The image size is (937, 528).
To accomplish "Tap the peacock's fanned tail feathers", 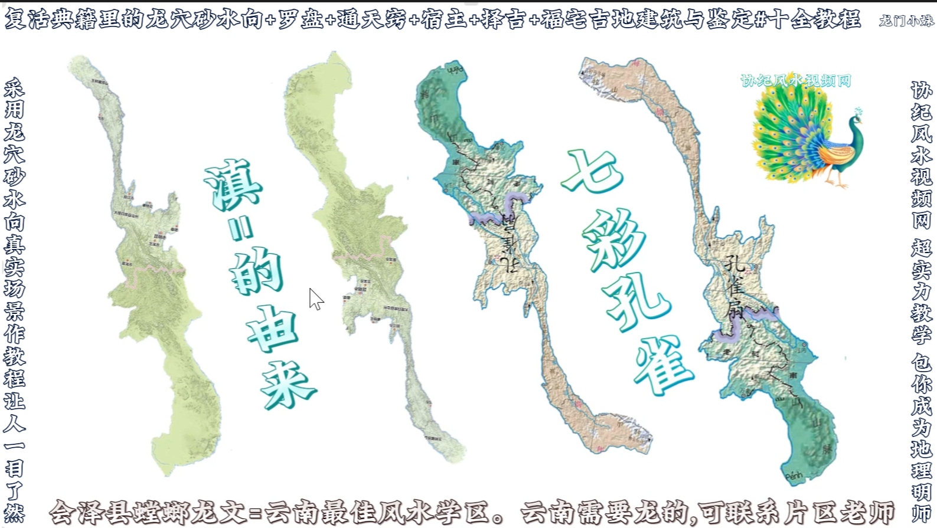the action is (782, 133).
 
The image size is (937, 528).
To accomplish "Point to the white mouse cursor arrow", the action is (315, 298).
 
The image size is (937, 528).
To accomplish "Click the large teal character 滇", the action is (233, 185).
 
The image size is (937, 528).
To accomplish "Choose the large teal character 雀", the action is (663, 365).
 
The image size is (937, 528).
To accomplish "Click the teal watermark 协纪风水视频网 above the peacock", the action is (795, 81).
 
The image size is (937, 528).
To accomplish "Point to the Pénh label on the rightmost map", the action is (794, 475).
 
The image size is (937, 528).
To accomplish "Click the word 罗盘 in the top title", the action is (300, 19).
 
